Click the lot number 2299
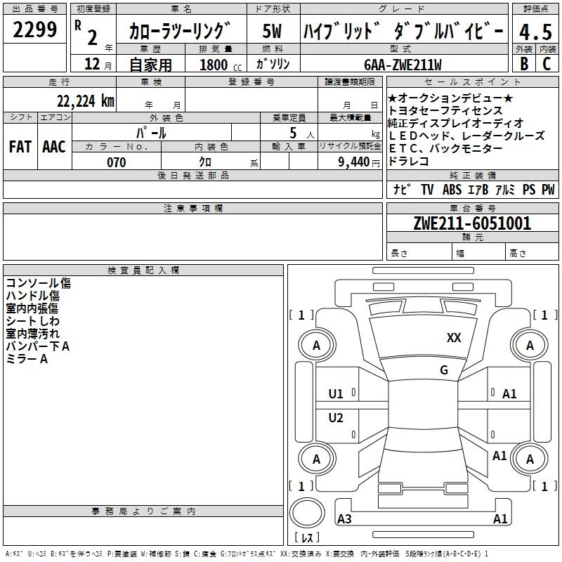pyautogui.click(x=34, y=30)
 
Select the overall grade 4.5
pyautogui.click(x=536, y=32)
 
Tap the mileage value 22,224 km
pyautogui.click(x=85, y=101)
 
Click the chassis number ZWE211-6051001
pyautogui.click(x=472, y=223)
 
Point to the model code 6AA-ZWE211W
pyautogui.click(x=403, y=65)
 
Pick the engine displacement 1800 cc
pyautogui.click(x=220, y=65)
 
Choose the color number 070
pyautogui.click(x=116, y=162)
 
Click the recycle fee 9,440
pyautogui.click(x=354, y=162)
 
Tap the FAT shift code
pyautogui.click(x=20, y=147)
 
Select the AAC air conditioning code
pyautogui.click(x=54, y=147)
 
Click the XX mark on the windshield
pyautogui.click(x=454, y=337)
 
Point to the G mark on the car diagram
pyautogui.click(x=444, y=370)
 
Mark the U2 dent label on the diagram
pyautogui.click(x=336, y=417)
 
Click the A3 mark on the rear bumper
pyautogui.click(x=344, y=518)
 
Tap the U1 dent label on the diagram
pyautogui.click(x=336, y=394)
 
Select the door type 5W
pyautogui.click(x=272, y=31)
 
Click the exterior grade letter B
pyautogui.click(x=524, y=63)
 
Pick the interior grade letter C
pyautogui.click(x=547, y=63)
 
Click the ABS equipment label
pyautogui.click(x=452, y=189)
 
